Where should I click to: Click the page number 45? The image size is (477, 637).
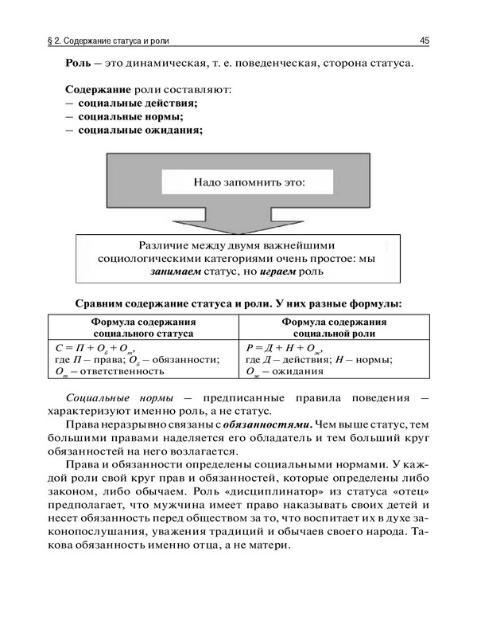click(425, 40)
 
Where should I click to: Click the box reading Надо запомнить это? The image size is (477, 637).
click(249, 182)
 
